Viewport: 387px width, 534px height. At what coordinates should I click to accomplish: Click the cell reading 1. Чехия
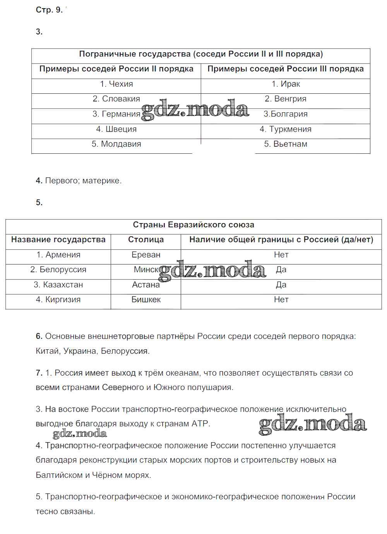tap(116, 84)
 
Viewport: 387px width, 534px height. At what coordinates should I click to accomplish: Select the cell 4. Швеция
tap(116, 129)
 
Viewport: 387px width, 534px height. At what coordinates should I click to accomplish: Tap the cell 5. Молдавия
tap(116, 144)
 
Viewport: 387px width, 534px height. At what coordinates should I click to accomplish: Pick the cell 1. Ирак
tap(286, 84)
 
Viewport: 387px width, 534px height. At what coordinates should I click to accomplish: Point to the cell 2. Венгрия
tap(286, 99)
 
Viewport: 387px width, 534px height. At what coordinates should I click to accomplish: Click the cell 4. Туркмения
tap(286, 129)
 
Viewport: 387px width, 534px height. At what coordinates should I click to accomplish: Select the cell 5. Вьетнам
tap(286, 144)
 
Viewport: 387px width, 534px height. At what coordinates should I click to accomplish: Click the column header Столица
tap(146, 240)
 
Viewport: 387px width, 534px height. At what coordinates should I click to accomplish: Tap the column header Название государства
tap(58, 240)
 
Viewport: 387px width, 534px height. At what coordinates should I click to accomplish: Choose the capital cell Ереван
tap(146, 255)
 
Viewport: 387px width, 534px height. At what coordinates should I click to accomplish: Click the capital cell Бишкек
tap(146, 300)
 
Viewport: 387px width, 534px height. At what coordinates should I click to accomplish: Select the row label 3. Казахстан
tap(58, 285)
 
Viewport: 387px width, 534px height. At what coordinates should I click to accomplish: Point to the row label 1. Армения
tap(58, 255)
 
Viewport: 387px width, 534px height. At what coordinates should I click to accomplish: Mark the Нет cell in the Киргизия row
tap(281, 300)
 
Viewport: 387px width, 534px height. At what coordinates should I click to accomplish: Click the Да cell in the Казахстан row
tap(281, 285)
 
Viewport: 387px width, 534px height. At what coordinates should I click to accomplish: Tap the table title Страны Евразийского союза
tap(193, 225)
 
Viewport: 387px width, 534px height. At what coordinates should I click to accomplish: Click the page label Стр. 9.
tap(49, 10)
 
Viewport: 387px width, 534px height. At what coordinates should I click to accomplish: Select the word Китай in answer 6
tap(47, 351)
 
